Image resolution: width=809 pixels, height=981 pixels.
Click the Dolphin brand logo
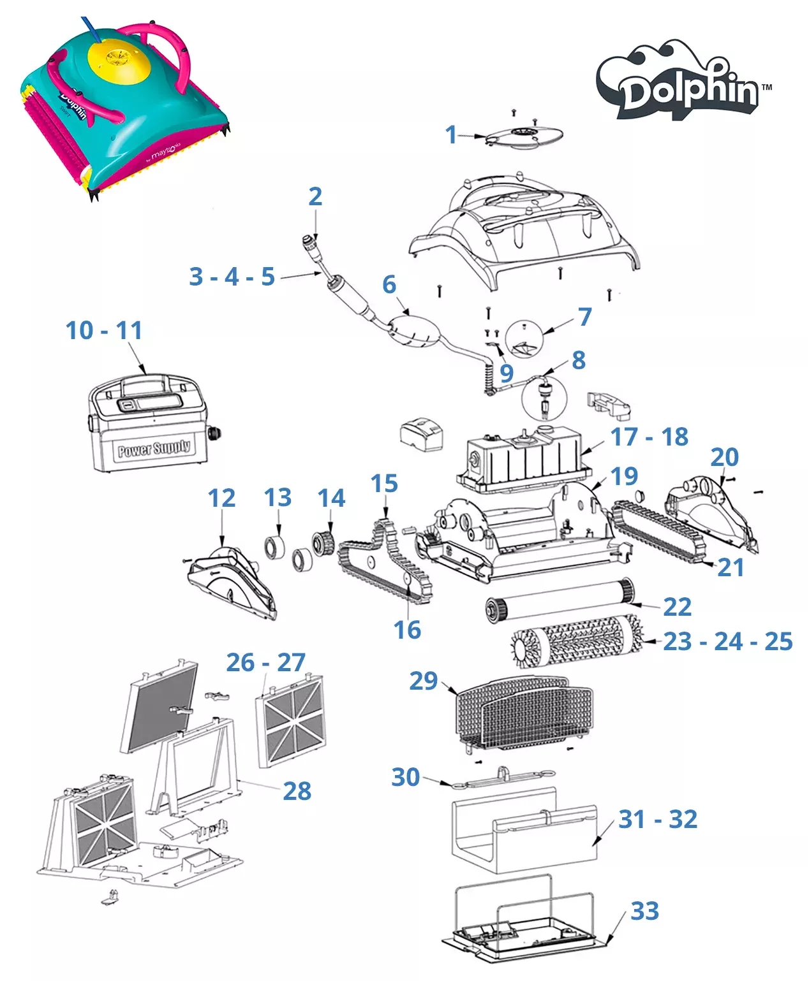[x=683, y=83]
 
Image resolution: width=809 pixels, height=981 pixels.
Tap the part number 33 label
[x=644, y=911]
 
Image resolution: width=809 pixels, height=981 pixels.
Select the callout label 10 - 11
[x=104, y=330]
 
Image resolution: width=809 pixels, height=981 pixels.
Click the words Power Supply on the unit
[x=154, y=448]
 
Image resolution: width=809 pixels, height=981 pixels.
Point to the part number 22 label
[x=677, y=607]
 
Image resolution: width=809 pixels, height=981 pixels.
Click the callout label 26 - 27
[x=266, y=662]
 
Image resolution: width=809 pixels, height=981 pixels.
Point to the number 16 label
[x=407, y=630]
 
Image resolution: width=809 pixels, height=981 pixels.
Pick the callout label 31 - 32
[x=658, y=819]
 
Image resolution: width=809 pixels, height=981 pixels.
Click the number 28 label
[x=297, y=791]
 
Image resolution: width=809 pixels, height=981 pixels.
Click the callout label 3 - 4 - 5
[x=232, y=277]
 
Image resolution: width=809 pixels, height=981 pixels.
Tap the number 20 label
[x=724, y=457]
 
